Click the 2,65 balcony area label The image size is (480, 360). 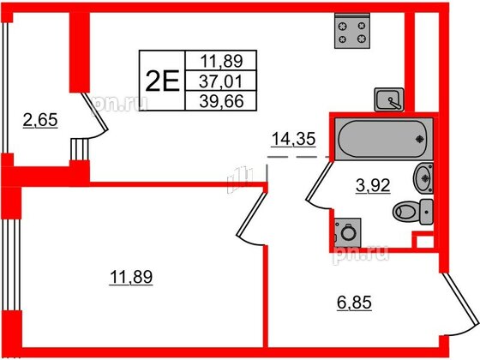click(x=40, y=120)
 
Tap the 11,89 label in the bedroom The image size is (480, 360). click(x=131, y=277)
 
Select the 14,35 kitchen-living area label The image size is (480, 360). click(x=293, y=139)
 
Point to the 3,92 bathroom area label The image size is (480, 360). click(x=373, y=185)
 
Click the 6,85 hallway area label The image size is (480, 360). click(x=354, y=303)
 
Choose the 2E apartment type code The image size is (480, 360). click(x=162, y=81)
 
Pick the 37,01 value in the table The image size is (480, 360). click(x=221, y=81)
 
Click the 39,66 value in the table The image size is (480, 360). click(x=221, y=101)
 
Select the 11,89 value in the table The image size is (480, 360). click(x=222, y=61)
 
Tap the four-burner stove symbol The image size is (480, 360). click(x=352, y=31)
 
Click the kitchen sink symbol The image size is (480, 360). click(x=389, y=99)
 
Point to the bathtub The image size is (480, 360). click(x=384, y=139)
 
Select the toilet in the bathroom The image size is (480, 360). click(x=413, y=212)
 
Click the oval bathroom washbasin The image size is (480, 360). click(x=423, y=178)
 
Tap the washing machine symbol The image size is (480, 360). click(x=347, y=232)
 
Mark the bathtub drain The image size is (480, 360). click(x=419, y=139)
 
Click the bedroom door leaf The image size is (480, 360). click(x=250, y=213)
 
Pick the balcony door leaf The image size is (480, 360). click(x=94, y=111)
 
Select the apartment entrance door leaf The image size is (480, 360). click(x=460, y=299)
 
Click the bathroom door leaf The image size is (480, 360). click(x=320, y=181)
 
